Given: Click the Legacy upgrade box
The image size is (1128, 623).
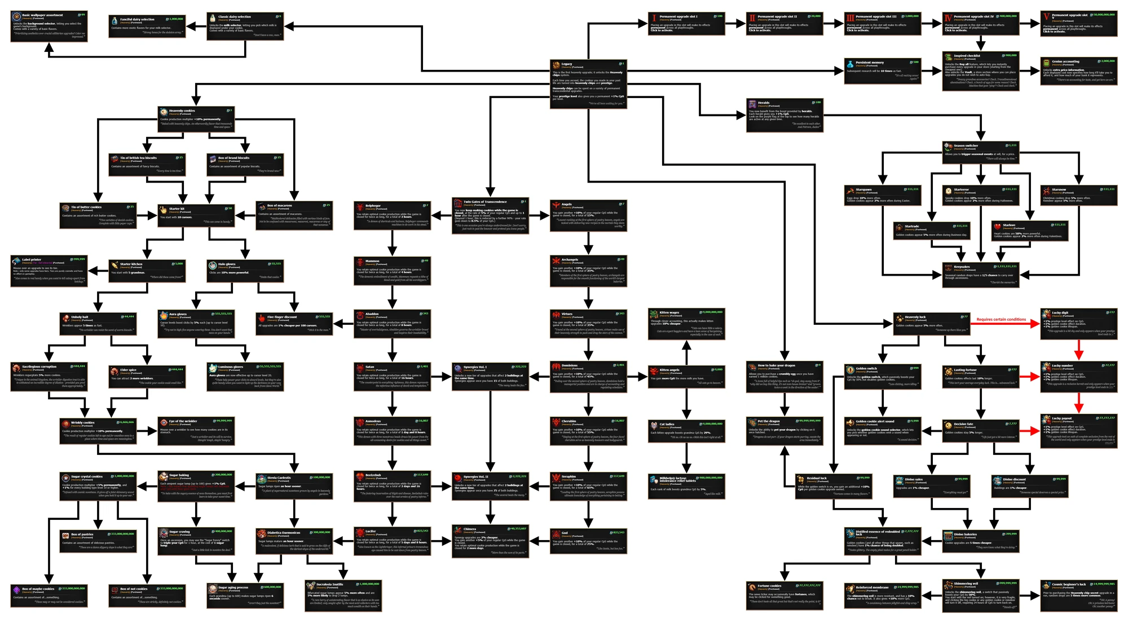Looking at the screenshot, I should point(588,83).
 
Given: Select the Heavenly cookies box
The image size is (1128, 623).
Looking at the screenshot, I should point(196,118).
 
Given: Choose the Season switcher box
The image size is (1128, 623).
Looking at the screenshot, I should point(980,152).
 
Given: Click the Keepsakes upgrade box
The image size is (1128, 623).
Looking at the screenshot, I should point(980,275).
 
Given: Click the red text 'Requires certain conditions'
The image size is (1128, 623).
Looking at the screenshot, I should point(1001,320).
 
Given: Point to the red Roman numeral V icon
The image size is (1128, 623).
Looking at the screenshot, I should point(1046,17).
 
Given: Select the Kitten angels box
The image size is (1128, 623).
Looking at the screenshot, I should point(686,377).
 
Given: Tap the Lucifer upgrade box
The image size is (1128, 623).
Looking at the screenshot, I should point(392,541).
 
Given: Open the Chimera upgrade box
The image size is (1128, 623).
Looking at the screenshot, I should point(490,541).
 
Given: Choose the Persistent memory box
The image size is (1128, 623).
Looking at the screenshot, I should point(882,70).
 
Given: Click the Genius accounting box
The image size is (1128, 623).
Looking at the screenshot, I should point(1078,70).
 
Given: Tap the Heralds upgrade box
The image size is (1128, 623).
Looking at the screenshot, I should point(784,115).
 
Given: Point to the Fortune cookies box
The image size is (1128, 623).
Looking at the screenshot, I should point(784,595).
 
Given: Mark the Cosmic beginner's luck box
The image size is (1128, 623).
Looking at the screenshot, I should point(1078,595).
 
